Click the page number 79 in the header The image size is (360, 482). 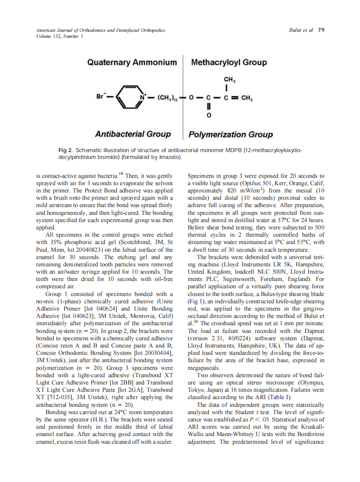[321, 30]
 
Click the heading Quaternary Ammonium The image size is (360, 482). [132, 63]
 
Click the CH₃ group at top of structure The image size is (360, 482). [229, 80]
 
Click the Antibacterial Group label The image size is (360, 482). [133, 134]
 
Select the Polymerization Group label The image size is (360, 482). [230, 134]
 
